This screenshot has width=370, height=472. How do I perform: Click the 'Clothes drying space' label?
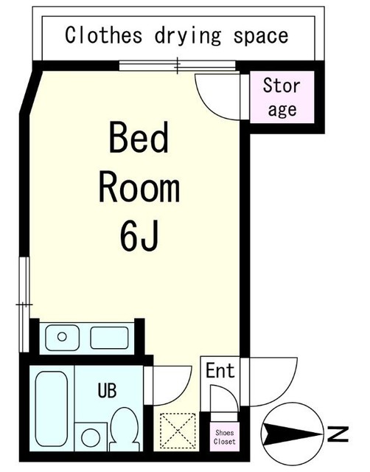(x=177, y=36)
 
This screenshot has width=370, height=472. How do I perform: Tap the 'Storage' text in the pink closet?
(x=282, y=97)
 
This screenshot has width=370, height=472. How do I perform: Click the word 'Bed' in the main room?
(x=139, y=137)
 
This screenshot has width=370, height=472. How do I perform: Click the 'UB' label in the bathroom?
(x=107, y=390)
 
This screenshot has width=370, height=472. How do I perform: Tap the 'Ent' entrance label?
(x=220, y=370)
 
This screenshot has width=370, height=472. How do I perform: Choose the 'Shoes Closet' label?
(x=224, y=437)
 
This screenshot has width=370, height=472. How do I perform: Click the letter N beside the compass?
(x=338, y=434)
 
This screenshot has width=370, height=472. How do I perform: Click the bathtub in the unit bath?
(x=52, y=409)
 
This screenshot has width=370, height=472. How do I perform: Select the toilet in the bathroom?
(x=125, y=429)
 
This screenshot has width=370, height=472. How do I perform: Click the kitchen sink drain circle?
(x=62, y=336)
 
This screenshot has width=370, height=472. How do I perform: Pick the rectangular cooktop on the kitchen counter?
(x=109, y=338)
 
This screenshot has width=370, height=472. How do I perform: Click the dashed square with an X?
(x=178, y=431)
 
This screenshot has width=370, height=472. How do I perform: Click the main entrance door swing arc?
(x=286, y=392)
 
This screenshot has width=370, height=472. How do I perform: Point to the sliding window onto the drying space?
(x=177, y=66)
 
